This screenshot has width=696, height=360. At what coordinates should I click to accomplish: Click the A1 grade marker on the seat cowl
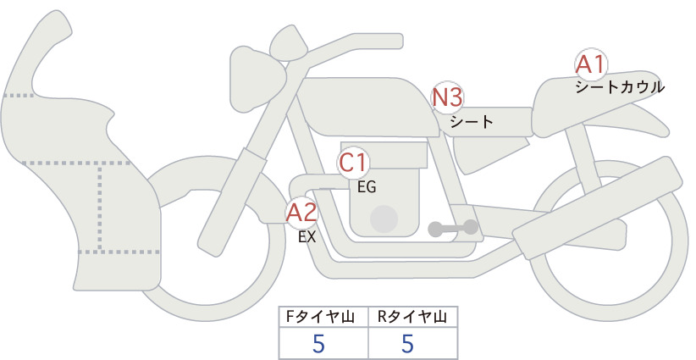tap(591, 65)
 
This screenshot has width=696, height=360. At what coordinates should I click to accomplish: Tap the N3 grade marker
tap(447, 97)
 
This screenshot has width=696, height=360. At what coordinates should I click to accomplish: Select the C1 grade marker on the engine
tap(354, 163)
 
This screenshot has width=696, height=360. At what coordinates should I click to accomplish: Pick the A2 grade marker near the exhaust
tap(301, 213)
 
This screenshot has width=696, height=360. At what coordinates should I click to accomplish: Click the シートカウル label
tap(620, 87)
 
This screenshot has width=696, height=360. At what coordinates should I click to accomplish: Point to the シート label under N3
tap(472, 122)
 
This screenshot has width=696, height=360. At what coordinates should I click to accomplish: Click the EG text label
tap(367, 187)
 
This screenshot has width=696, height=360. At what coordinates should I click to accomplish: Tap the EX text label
tap(307, 237)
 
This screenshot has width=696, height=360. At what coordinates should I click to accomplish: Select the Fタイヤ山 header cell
tap(323, 317)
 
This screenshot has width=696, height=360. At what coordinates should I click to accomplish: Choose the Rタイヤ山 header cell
tap(413, 317)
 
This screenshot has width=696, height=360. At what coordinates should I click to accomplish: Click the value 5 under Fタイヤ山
tap(318, 344)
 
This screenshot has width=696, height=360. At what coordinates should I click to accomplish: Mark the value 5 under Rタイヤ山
tap(407, 344)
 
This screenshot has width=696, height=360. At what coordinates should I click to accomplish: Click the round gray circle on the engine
tap(384, 219)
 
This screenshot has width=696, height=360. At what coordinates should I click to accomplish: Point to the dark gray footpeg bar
tap(453, 229)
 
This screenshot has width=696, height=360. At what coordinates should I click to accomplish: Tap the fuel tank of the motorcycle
tap(364, 107)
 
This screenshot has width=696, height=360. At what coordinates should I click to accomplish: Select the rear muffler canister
tap(598, 208)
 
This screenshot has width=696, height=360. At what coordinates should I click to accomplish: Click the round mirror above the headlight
tap(288, 47)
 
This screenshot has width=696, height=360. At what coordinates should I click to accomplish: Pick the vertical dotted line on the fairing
tap(100, 208)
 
